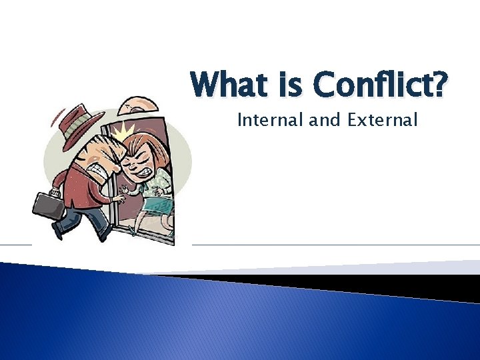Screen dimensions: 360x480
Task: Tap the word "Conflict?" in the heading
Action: coord(377,86)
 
